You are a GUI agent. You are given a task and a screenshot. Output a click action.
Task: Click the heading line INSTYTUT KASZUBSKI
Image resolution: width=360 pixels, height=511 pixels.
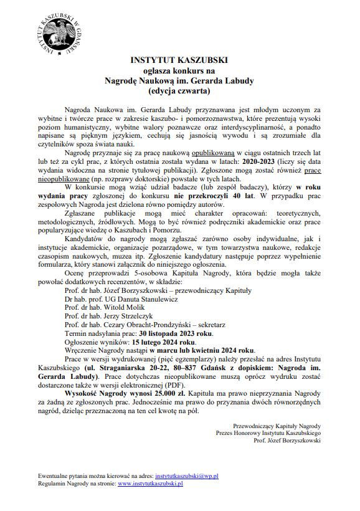tap(179, 60)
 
